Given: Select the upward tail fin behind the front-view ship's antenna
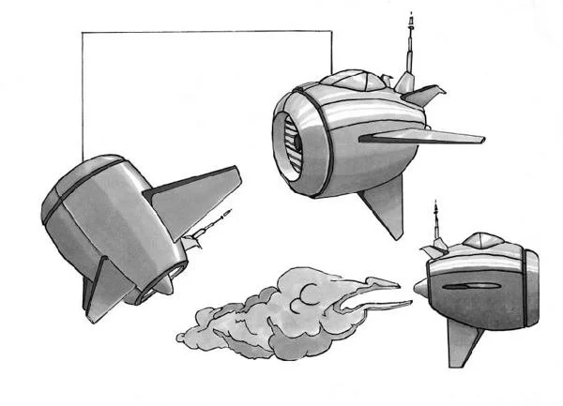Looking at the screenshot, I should click(427, 95).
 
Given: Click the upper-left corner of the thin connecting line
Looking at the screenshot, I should click(83, 33).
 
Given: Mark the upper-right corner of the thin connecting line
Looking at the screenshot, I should click(332, 33).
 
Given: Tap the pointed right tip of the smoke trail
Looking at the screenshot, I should click(410, 302).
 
